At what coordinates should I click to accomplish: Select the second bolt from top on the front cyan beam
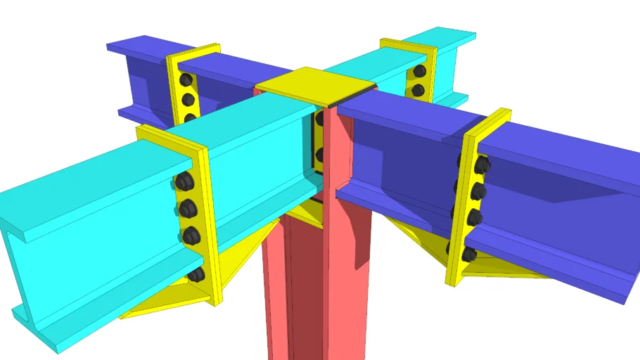point(187,208)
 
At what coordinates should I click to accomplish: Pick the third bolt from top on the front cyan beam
point(191,235)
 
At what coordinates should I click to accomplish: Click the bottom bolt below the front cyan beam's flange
point(197,274)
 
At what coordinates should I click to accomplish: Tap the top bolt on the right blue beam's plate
point(482,166)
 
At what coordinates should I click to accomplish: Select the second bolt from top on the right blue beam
point(478,191)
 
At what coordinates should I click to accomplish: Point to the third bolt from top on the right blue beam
point(475,217)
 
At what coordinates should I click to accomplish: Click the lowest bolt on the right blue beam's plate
point(469,253)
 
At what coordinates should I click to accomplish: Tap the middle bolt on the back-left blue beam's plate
point(188,100)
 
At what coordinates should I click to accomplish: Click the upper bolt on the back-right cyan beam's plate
point(419,71)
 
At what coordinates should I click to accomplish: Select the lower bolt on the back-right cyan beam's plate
point(418,90)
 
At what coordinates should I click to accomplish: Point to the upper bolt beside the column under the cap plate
point(319,119)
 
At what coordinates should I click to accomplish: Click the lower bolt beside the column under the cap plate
point(319,154)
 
